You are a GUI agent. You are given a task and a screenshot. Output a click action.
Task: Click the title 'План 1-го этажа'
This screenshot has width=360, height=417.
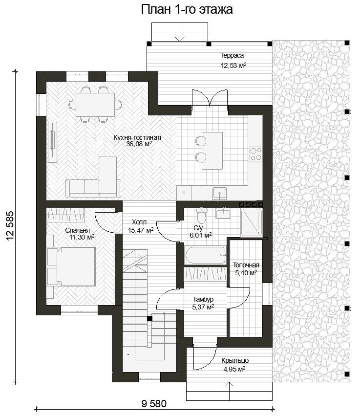[x=187, y=9]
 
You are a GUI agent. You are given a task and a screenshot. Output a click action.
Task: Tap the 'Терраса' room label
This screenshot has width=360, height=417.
[x=232, y=55]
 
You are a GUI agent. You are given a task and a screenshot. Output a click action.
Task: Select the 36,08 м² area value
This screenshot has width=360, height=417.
[x=139, y=144]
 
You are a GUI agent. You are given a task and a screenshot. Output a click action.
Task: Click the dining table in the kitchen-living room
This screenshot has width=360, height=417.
[x=95, y=104]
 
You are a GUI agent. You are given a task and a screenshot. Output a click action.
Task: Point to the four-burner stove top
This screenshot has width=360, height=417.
[x=256, y=154]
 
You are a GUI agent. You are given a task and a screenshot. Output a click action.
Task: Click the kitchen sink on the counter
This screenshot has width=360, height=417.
[x=219, y=193]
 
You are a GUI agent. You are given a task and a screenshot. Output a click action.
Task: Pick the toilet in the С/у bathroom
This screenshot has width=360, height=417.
[x=202, y=216]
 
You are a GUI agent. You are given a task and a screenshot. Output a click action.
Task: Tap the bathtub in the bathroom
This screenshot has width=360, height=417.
[x=205, y=256]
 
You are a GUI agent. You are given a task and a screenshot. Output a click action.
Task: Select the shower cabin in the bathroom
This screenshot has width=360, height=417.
[x=252, y=223]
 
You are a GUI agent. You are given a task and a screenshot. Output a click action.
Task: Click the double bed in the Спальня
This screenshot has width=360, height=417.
[x=71, y=266]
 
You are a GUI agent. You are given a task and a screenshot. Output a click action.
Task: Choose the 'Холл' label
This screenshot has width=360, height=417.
[x=139, y=222]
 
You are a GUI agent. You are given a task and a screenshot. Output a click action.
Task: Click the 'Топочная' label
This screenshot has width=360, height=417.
[x=246, y=265]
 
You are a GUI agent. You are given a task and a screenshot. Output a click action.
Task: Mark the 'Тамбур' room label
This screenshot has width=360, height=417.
[x=203, y=300]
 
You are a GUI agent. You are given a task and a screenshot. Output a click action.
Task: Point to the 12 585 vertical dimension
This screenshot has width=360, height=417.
[x=10, y=226]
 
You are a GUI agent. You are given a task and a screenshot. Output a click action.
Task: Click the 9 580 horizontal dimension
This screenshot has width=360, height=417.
[x=154, y=404]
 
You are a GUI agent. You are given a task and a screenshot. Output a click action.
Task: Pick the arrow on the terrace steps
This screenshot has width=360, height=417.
[x=180, y=32]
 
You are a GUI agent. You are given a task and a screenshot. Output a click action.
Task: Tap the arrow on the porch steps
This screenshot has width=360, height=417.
[x=229, y=391]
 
